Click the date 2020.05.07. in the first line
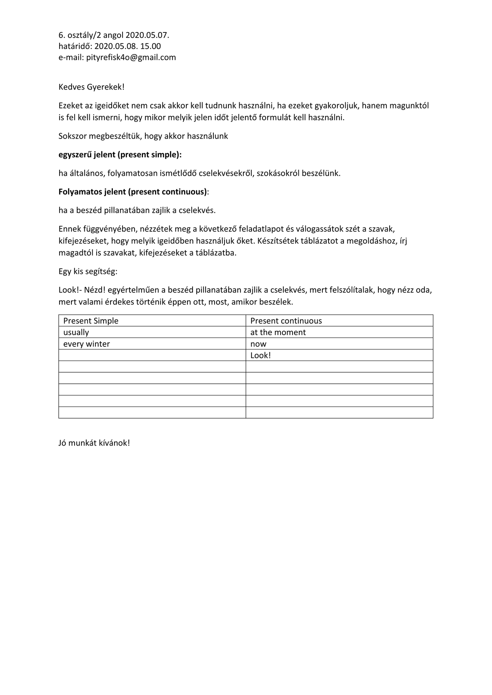pos(147,35)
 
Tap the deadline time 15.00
pos(151,46)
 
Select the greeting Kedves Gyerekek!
pos(92,87)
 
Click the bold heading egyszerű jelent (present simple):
pos(120,155)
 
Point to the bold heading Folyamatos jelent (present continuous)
pos(133,192)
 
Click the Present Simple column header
pos(91,321)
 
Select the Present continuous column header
pos(286,321)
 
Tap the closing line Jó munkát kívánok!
pos(94,443)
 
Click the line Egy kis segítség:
pos(88,271)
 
